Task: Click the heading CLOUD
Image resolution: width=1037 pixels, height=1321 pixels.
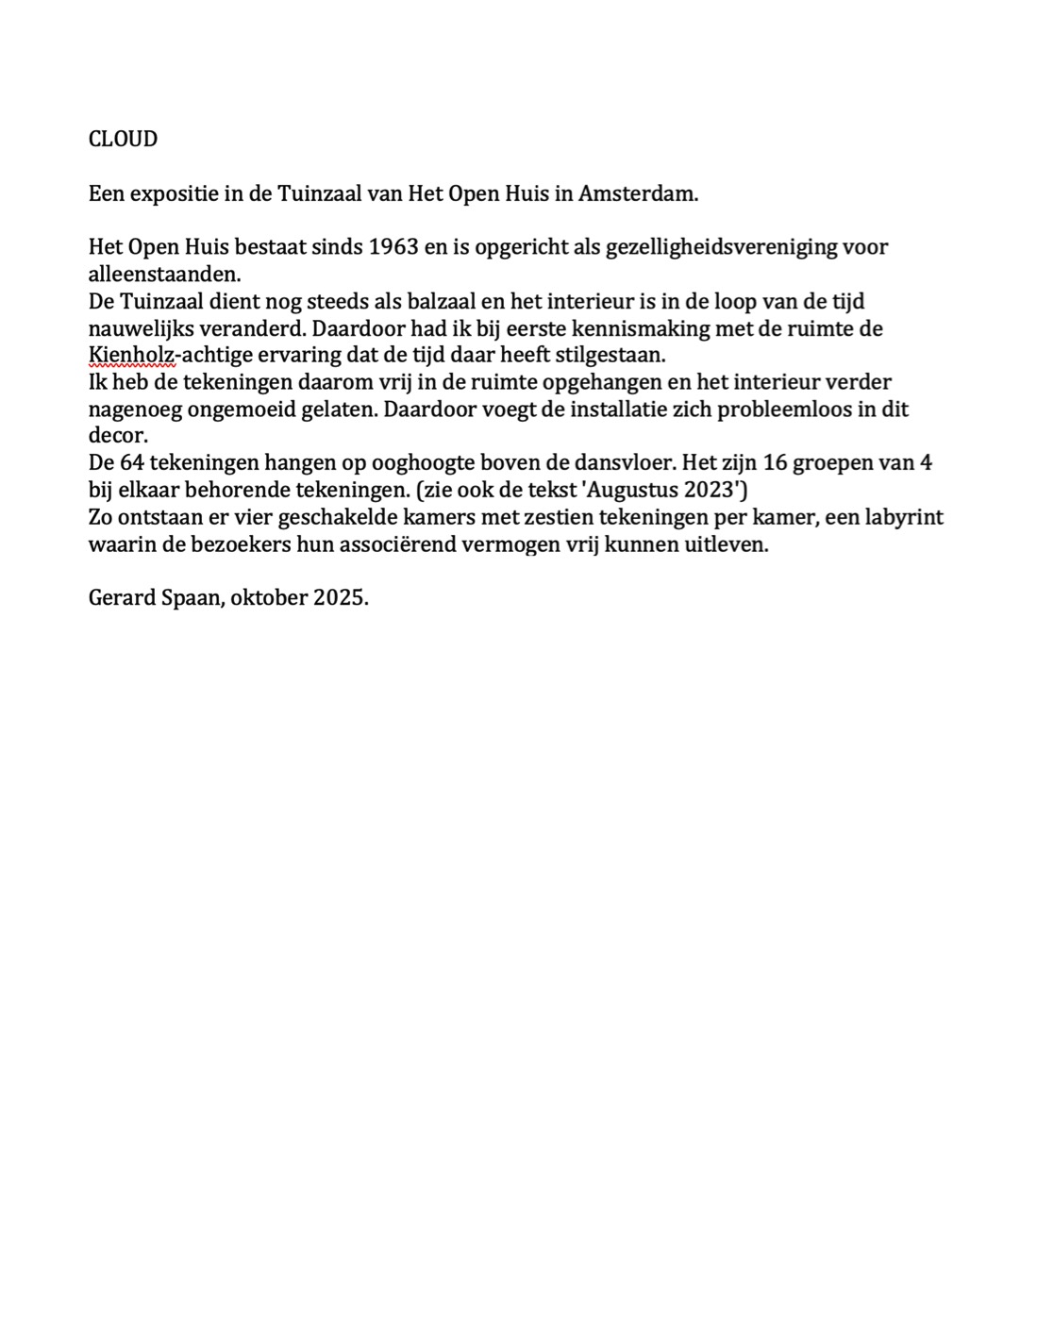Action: tap(123, 139)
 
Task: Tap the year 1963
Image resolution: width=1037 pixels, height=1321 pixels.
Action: tap(394, 247)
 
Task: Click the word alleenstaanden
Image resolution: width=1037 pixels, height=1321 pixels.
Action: tap(164, 275)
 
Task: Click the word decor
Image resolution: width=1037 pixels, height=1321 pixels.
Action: tap(118, 437)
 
